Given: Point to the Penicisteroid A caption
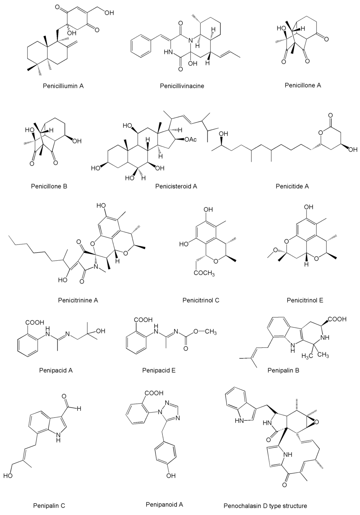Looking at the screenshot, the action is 176,186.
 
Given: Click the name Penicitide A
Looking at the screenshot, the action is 292,186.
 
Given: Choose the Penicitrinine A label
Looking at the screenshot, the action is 78,300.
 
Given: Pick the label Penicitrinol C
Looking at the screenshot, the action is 201,300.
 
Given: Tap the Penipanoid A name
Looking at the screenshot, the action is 164,504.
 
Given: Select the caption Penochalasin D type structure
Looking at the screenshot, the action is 265,506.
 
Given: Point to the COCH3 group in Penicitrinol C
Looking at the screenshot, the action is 204,274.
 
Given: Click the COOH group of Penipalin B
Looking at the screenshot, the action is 338,319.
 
